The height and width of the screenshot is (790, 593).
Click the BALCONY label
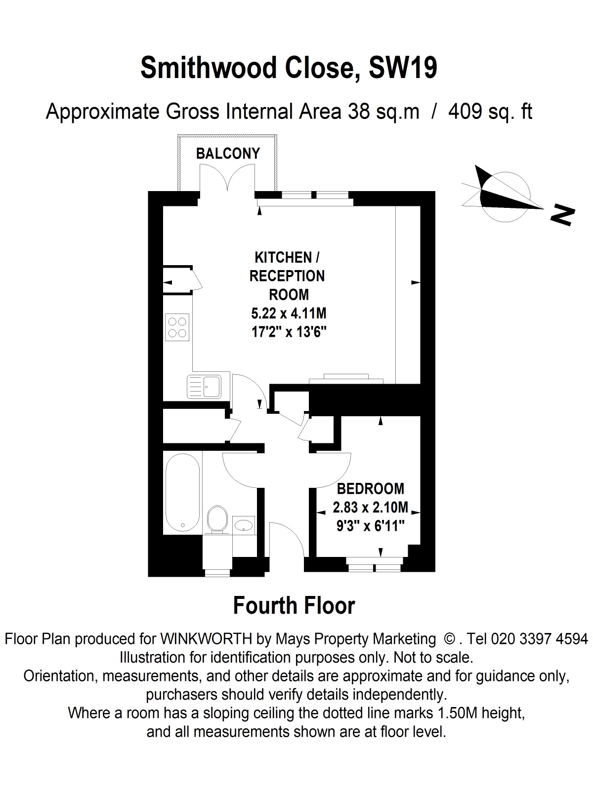pos(228,154)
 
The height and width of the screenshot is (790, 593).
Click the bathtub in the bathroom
pos(182,493)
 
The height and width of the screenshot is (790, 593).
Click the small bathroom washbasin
pos(243,525)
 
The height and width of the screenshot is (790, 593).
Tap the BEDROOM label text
pos(370,489)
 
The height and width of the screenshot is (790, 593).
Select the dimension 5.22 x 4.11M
pos(289,314)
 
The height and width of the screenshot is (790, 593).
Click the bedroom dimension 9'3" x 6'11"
pos(370,526)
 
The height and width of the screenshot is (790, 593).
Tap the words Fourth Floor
pos(294,605)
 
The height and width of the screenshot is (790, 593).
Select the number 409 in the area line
pos(465,112)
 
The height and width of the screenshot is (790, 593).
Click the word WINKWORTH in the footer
pos(206,639)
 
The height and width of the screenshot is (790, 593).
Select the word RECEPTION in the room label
pos(287,276)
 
